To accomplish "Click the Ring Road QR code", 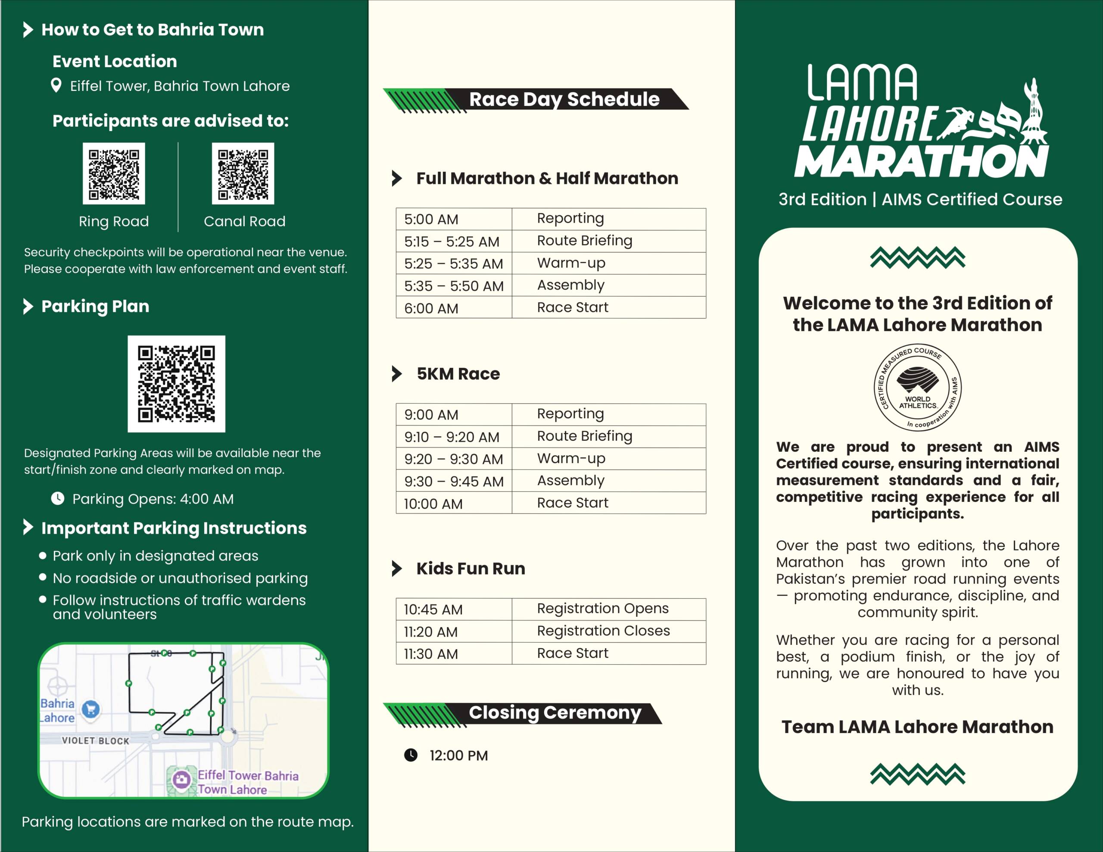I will coord(114,173).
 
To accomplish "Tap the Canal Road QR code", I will coord(243,173).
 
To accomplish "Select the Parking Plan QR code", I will coord(176,384).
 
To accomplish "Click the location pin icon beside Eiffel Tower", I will coord(56,85).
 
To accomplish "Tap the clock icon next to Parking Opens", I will coord(58,498).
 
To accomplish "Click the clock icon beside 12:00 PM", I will coord(411,755).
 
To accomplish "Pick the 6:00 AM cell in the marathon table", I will coord(454,308).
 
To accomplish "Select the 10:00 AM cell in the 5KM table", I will coord(454,504).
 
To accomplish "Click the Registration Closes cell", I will coord(603,631).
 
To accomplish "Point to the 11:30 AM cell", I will coord(454,654).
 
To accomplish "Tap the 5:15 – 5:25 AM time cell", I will coord(454,241).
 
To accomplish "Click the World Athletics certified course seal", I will coord(918,387).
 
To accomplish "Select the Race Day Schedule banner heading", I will coord(564,99).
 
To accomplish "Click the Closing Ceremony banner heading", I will coord(555,712).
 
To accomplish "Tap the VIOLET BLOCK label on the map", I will coord(96,741).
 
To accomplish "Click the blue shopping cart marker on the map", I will coord(91,709).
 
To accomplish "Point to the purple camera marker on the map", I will coord(182,780).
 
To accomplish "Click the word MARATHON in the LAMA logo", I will coord(921,162).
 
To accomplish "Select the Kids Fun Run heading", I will coord(470,569).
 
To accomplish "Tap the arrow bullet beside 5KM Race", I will coord(397,374).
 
